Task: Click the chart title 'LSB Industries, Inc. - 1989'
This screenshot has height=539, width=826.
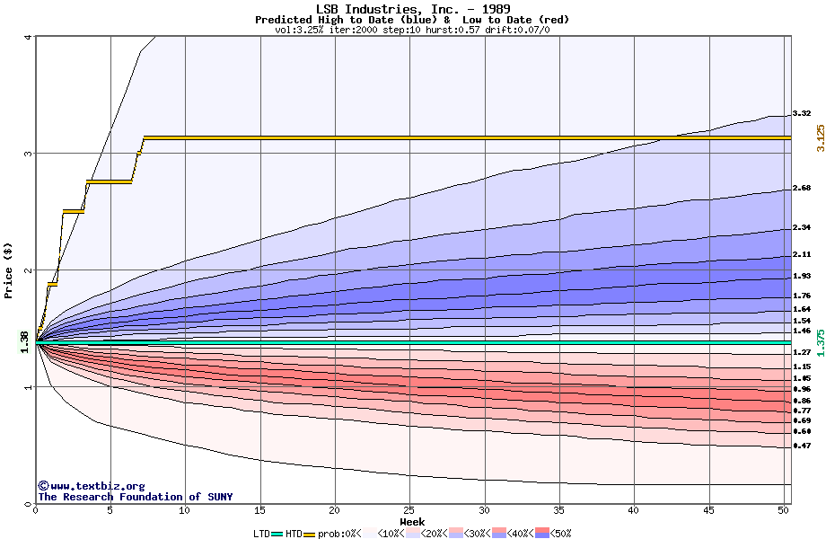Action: click(x=412, y=9)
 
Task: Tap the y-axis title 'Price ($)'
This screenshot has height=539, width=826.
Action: click(x=9, y=269)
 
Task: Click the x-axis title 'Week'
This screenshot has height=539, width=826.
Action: click(x=412, y=521)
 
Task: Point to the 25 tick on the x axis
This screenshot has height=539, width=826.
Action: click(x=409, y=509)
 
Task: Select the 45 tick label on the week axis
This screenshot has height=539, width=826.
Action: click(x=709, y=509)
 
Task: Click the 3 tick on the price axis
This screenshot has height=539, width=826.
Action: click(x=29, y=154)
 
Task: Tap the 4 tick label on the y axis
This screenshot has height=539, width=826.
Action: click(x=29, y=37)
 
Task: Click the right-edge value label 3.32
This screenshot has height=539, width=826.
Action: click(x=802, y=114)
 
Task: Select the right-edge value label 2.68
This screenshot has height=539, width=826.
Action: click(x=802, y=189)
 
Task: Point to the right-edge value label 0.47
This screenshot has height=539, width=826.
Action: click(x=802, y=446)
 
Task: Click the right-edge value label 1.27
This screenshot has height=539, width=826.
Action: click(x=802, y=353)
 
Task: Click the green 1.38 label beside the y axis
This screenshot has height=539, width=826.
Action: click(x=24, y=341)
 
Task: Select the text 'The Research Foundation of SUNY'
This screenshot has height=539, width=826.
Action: click(x=135, y=497)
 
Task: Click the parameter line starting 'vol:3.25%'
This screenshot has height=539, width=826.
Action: click(x=412, y=30)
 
